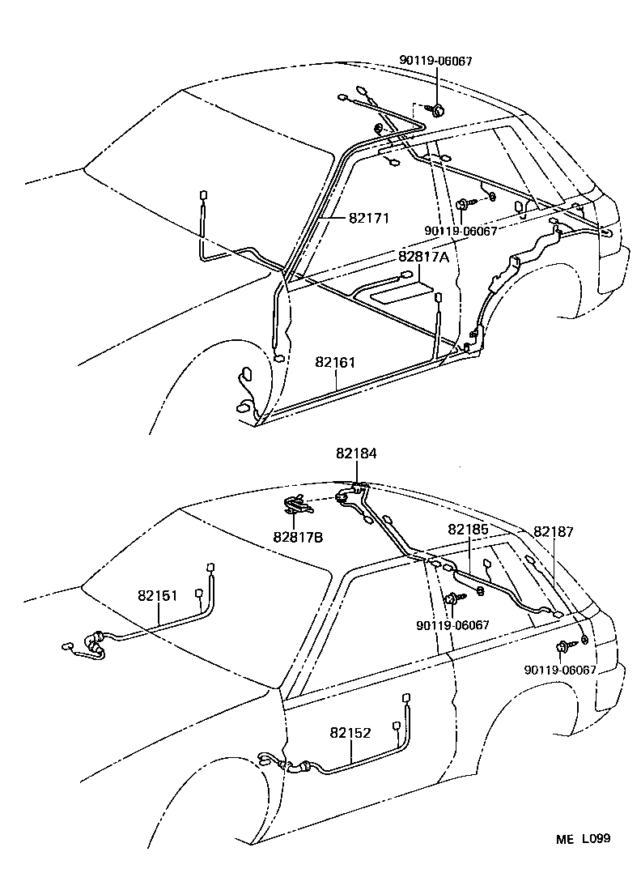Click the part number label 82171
370,218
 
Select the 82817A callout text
422,257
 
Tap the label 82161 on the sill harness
335,363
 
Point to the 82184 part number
357,455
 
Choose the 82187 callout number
554,531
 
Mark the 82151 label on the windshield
158,595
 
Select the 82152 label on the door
350,733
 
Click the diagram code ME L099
582,838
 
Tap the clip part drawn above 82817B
297,506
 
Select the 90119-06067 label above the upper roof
435,61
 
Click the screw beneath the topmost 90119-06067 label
437,109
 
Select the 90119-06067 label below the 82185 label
453,625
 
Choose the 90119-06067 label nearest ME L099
560,671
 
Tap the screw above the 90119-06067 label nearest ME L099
562,646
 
